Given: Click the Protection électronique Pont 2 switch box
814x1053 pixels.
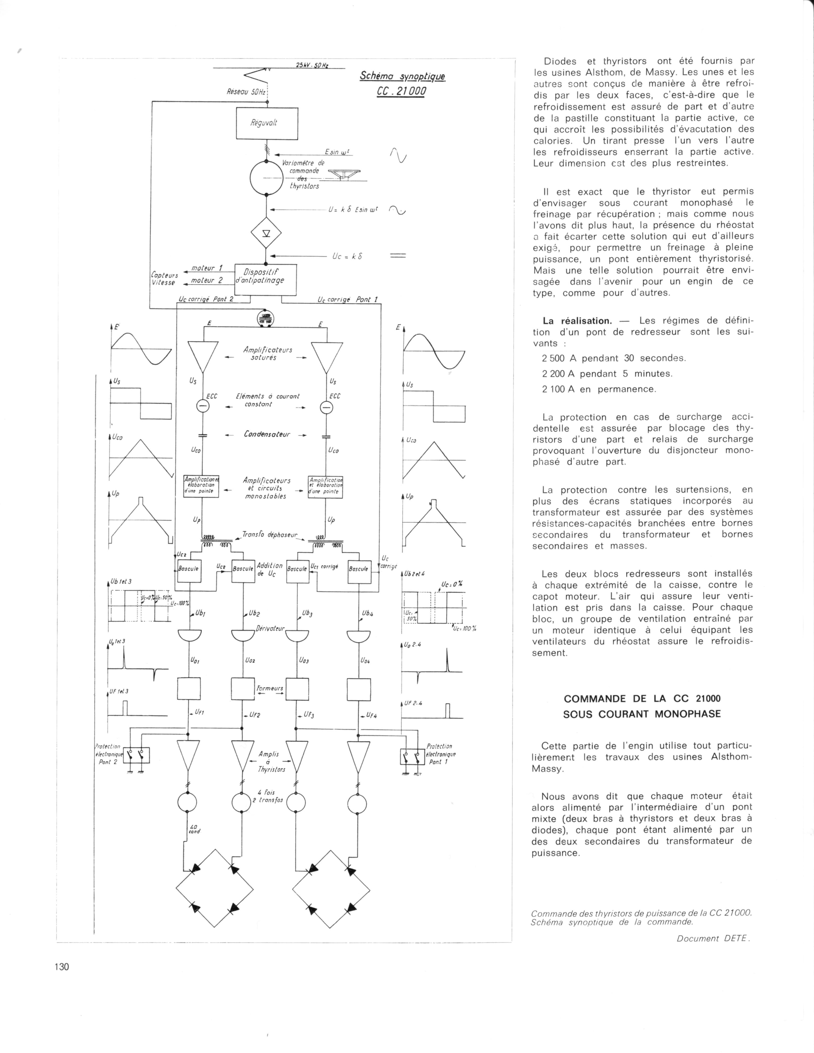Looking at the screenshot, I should (x=137, y=755).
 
